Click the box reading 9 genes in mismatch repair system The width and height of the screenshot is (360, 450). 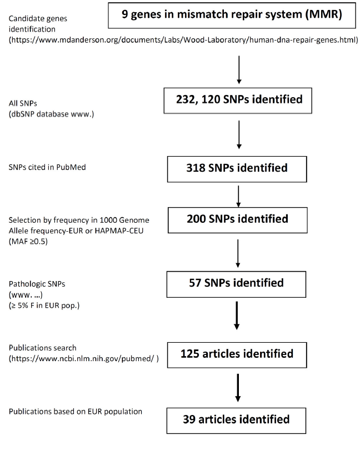pyautogui.click(x=232, y=16)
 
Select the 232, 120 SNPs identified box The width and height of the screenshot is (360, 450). pyautogui.click(x=238, y=101)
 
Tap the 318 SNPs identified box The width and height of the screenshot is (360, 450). pyautogui.click(x=237, y=169)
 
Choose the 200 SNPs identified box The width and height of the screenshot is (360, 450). pyautogui.click(x=237, y=220)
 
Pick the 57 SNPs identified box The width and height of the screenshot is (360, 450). pyautogui.click(x=236, y=284)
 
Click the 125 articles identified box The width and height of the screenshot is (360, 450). pyautogui.click(x=237, y=355)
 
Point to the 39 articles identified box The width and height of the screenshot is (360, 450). pyautogui.click(x=236, y=421)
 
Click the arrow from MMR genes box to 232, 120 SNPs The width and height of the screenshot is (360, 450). pyautogui.click(x=239, y=70)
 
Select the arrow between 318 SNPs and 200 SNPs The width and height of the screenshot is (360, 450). pyautogui.click(x=238, y=196)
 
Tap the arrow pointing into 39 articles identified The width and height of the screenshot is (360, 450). pyautogui.click(x=238, y=388)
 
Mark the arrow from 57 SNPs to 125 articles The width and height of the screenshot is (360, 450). pyautogui.click(x=237, y=316)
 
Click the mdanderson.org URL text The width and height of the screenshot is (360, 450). pyautogui.click(x=183, y=39)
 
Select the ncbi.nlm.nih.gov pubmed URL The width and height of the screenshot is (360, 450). pyautogui.click(x=83, y=358)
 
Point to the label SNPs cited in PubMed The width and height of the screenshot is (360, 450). pyautogui.click(x=47, y=167)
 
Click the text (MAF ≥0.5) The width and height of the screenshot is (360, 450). pyautogui.click(x=28, y=241)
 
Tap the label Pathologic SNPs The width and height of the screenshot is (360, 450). pyautogui.click(x=37, y=284)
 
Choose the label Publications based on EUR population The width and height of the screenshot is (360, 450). pyautogui.click(x=75, y=412)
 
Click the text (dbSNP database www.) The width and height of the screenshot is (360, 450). pyautogui.click(x=51, y=114)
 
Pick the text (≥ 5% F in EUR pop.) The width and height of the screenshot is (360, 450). pyautogui.click(x=44, y=306)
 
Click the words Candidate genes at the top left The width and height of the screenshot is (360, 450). pyautogui.click(x=38, y=19)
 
